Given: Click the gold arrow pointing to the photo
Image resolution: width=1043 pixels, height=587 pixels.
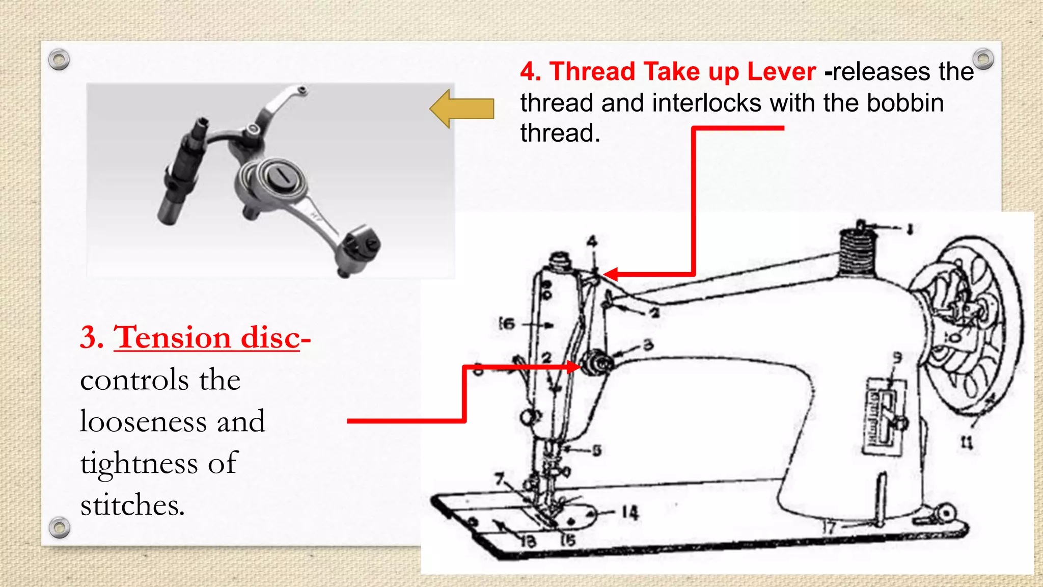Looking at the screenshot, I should tap(461, 109).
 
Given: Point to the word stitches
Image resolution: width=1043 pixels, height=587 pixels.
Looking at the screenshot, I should tap(132, 505).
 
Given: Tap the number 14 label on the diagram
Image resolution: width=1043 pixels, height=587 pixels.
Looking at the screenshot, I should tap(629, 512).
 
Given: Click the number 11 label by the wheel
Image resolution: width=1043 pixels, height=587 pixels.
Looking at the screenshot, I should tap(967, 442).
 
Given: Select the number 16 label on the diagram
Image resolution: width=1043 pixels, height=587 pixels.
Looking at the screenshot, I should tap(507, 324).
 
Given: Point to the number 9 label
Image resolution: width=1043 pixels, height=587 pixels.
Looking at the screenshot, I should tap(897, 358).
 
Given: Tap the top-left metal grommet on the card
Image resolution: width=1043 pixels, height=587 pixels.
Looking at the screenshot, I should tap(59, 60).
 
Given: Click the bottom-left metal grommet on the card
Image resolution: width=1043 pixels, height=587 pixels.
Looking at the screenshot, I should tap(60, 527).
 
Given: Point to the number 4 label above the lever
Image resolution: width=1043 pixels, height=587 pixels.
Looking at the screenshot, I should tap(592, 242).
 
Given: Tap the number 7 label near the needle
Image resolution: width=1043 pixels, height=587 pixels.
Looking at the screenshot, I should tap(500, 479).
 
